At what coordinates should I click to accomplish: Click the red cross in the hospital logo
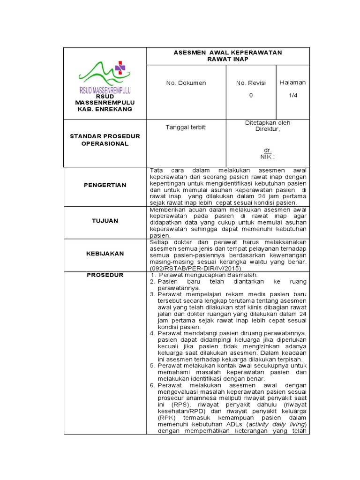pyautogui.click(x=121, y=68)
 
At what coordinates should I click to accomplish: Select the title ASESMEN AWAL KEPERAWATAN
pyautogui.click(x=228, y=52)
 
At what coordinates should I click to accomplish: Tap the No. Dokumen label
pyautogui.click(x=186, y=83)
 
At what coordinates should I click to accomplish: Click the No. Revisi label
pyautogui.click(x=251, y=83)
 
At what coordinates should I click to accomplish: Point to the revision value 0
pyautogui.click(x=251, y=95)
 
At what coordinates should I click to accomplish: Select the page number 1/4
pyautogui.click(x=292, y=95)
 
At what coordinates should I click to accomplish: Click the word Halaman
pyautogui.click(x=292, y=82)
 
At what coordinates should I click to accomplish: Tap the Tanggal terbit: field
pyautogui.click(x=186, y=127)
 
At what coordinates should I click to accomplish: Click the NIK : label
pyautogui.click(x=267, y=157)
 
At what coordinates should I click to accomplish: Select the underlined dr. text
pyautogui.click(x=268, y=150)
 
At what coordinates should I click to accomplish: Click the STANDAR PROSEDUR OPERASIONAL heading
pyautogui.click(x=105, y=140)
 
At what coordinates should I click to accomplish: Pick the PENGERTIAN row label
pyautogui.click(x=105, y=185)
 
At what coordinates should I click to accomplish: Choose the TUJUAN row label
pyautogui.click(x=105, y=220)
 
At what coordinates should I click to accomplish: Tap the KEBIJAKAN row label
pyautogui.click(x=105, y=253)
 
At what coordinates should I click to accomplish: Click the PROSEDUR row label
pyautogui.click(x=105, y=275)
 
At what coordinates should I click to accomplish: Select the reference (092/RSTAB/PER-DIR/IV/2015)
pyautogui.click(x=195, y=269)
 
